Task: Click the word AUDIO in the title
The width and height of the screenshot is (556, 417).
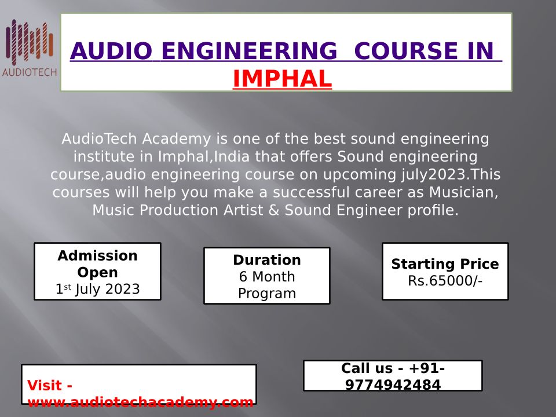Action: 111,51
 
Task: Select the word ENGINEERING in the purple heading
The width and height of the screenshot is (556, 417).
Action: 249,51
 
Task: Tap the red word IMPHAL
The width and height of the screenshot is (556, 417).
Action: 282,78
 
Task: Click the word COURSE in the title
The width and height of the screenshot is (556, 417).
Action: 406,51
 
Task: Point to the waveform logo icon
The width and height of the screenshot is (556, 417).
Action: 30,42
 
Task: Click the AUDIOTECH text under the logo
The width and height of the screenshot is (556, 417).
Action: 30,72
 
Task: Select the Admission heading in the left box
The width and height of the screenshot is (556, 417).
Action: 97,255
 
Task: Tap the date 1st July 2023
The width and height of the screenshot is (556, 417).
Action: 97,289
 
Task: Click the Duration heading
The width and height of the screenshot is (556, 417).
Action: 267,260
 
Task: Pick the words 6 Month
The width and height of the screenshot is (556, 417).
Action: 267,277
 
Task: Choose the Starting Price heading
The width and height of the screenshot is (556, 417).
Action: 445,264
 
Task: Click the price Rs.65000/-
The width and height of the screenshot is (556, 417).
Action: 445,280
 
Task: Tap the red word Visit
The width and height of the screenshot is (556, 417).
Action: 49,385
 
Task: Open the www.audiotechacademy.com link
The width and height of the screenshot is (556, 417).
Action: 140,402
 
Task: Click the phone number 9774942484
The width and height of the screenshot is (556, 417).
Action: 393,385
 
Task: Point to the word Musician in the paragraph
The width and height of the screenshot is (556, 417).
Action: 463,192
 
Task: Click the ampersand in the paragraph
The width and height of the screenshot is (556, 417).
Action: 274,210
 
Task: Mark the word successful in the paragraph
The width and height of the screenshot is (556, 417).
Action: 312,192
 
